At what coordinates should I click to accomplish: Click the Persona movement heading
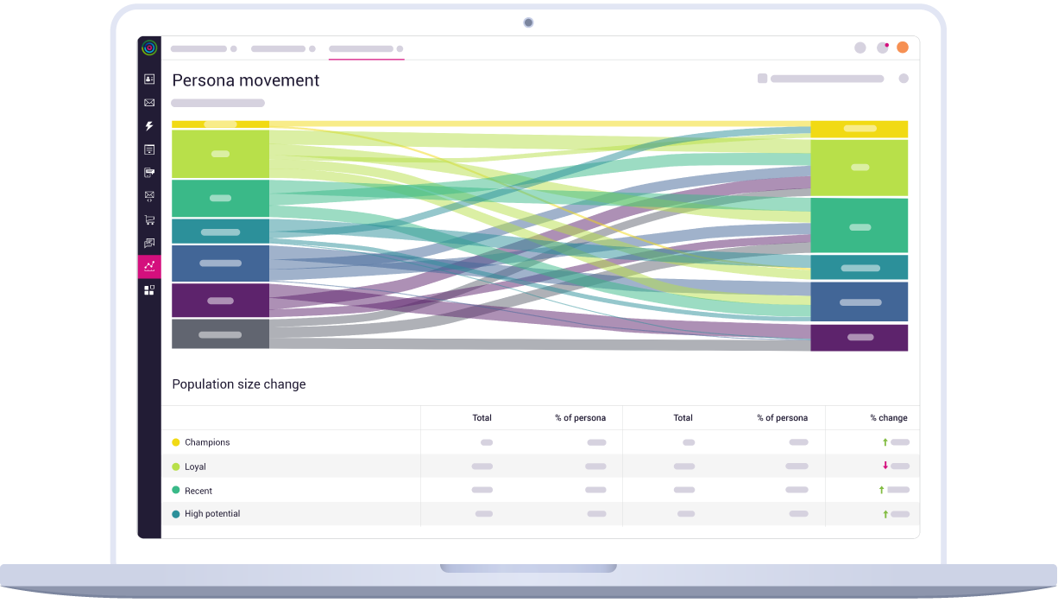click(246, 80)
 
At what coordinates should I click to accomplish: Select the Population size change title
click(239, 384)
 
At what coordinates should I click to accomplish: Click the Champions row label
click(207, 442)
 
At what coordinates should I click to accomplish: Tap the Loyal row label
click(195, 467)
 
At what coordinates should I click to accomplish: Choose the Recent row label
click(198, 491)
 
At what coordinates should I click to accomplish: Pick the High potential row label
click(212, 514)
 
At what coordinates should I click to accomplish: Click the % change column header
click(888, 418)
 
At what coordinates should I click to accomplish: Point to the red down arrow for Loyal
click(885, 466)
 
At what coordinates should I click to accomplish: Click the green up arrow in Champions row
click(885, 442)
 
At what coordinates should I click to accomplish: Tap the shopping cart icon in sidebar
click(149, 220)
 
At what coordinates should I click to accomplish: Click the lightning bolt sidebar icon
click(149, 126)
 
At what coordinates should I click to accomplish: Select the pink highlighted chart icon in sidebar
click(149, 266)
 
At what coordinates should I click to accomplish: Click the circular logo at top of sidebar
click(149, 48)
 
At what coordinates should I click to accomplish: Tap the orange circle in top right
click(903, 48)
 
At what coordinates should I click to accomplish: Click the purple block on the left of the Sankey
click(220, 301)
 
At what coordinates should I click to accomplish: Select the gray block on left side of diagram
click(220, 334)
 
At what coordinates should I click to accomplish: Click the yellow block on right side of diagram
click(860, 129)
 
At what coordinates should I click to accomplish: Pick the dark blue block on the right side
click(860, 302)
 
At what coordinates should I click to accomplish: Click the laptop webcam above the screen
click(528, 22)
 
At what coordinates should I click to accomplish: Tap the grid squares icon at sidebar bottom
click(149, 290)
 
